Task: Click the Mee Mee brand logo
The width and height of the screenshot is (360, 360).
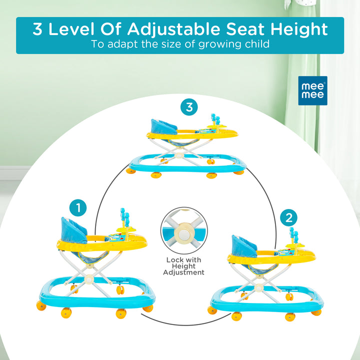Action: tap(312, 90)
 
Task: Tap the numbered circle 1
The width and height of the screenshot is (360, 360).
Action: tap(78, 208)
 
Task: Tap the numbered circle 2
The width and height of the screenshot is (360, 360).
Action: tap(288, 217)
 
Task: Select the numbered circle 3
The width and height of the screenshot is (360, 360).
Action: tap(189, 107)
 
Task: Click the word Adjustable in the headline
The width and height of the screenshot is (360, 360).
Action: tap(173, 29)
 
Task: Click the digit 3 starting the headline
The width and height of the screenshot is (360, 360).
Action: tap(37, 29)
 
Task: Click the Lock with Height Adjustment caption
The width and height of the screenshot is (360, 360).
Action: tap(183, 266)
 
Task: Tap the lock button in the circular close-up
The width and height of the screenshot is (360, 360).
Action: tap(183, 234)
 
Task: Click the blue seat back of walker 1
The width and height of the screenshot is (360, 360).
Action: tap(73, 230)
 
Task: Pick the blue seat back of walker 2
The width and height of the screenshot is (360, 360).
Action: tap(244, 246)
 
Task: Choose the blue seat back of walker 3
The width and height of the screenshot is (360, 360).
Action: tap(163, 126)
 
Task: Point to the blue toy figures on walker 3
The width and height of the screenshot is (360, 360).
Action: tap(215, 119)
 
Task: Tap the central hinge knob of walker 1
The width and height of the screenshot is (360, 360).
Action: tap(88, 279)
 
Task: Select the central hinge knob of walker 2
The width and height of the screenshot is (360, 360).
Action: tap(259, 287)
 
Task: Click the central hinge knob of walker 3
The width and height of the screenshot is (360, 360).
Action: tap(178, 155)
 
